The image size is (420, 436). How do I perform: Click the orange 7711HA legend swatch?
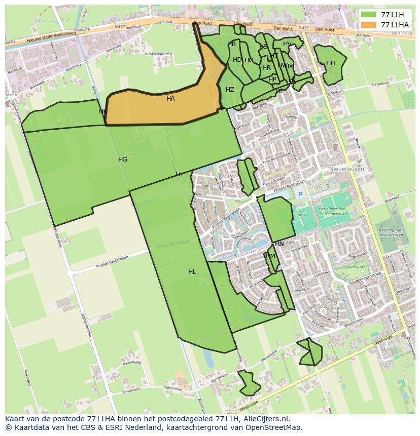pos(369,25)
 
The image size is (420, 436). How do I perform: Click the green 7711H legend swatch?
pos(369,15)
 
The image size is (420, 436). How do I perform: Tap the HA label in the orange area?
pos(170,99)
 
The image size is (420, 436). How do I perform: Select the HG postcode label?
pos(123,160)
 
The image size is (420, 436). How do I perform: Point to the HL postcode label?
pos(192,272)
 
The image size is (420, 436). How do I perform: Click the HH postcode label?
pos(331,63)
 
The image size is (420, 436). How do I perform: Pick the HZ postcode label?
pos(230,90)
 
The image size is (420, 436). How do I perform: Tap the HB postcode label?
pos(232,44)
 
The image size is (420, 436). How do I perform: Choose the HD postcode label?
pos(237,60)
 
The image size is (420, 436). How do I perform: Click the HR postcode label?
pos(266,68)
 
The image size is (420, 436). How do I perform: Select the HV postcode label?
pos(287,44)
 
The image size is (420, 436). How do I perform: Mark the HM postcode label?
pos(270,256)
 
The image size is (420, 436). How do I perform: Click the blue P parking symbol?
pos(300,195)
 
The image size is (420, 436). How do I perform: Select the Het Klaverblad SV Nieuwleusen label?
pos(333,211)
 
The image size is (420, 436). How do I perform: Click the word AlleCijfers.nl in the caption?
pos(265,419)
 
